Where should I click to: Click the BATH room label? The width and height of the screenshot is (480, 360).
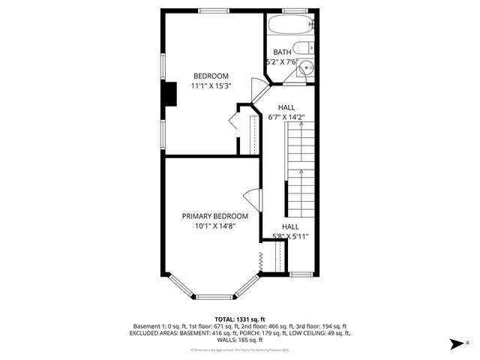[x=282, y=52]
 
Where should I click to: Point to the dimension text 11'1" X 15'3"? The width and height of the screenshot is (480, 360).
[x=211, y=85]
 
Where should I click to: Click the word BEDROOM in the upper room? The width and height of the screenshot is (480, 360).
[x=211, y=76]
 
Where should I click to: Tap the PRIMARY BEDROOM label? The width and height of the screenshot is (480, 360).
[x=214, y=216]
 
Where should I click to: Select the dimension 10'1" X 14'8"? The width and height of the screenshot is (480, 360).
[x=214, y=226]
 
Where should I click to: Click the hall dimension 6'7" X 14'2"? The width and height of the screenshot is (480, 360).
[x=287, y=117]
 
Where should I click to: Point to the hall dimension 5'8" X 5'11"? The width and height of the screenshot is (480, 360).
[x=289, y=235]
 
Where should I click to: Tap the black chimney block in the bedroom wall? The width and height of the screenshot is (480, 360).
[x=170, y=94]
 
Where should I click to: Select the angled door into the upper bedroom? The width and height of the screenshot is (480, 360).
[x=259, y=92]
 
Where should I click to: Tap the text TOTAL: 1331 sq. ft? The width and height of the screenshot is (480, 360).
[x=241, y=319]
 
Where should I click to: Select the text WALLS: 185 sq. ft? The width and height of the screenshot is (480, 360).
[x=241, y=339]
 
